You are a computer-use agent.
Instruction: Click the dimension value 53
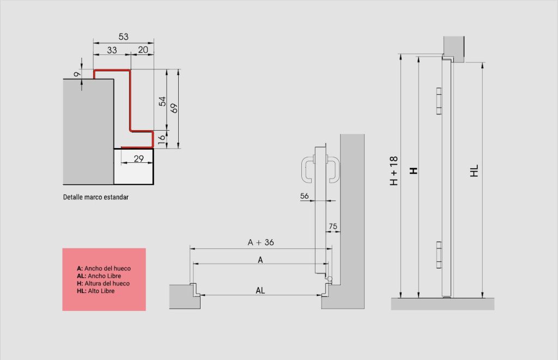[124, 36]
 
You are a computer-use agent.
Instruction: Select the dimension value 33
[112, 50]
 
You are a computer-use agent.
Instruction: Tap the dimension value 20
[143, 50]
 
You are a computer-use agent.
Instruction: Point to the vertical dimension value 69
[174, 108]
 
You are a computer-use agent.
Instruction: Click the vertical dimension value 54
[162, 101]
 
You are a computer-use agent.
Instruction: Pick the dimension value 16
[161, 139]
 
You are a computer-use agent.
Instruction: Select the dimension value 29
[139, 158]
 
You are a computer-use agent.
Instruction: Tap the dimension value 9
[77, 75]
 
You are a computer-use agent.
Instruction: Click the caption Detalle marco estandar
[96, 197]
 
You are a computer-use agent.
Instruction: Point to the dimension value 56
[304, 196]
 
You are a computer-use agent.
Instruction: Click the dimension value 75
[333, 226]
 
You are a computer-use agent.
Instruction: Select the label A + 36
[261, 242]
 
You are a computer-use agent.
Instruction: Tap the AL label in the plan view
[260, 291]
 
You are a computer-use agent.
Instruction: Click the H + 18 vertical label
[393, 171]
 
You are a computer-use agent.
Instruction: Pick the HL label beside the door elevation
[474, 171]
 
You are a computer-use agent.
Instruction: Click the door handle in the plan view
[320, 169]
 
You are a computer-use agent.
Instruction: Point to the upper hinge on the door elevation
[439, 101]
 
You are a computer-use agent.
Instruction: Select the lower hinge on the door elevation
[439, 255]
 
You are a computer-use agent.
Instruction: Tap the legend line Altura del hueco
[103, 284]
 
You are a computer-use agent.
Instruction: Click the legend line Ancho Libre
[99, 276]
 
